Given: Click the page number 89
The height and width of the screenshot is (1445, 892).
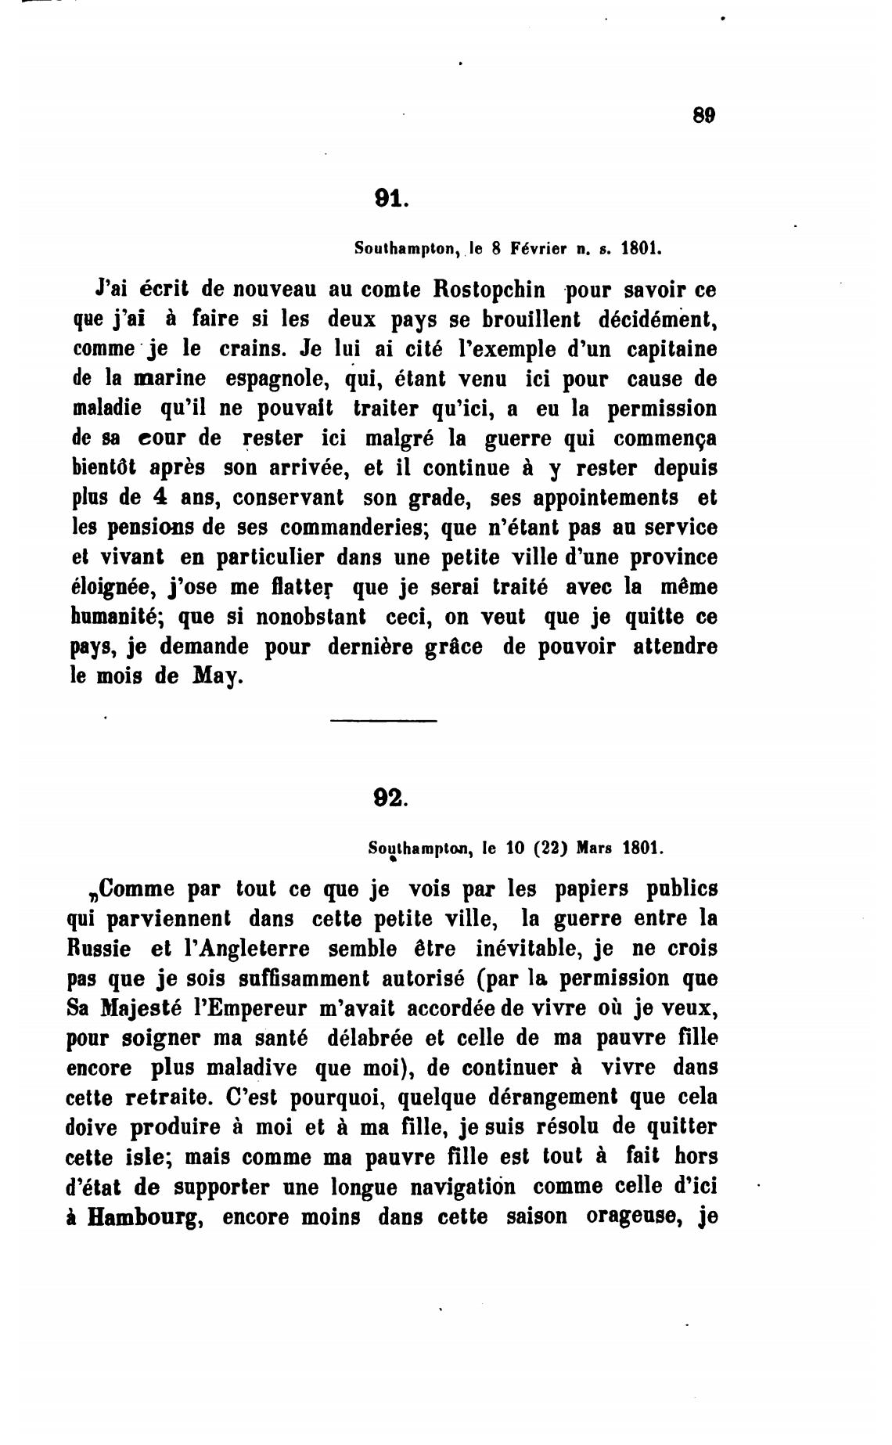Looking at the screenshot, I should tap(704, 115).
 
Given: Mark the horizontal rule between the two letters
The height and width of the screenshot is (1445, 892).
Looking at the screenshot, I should tap(383, 721).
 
